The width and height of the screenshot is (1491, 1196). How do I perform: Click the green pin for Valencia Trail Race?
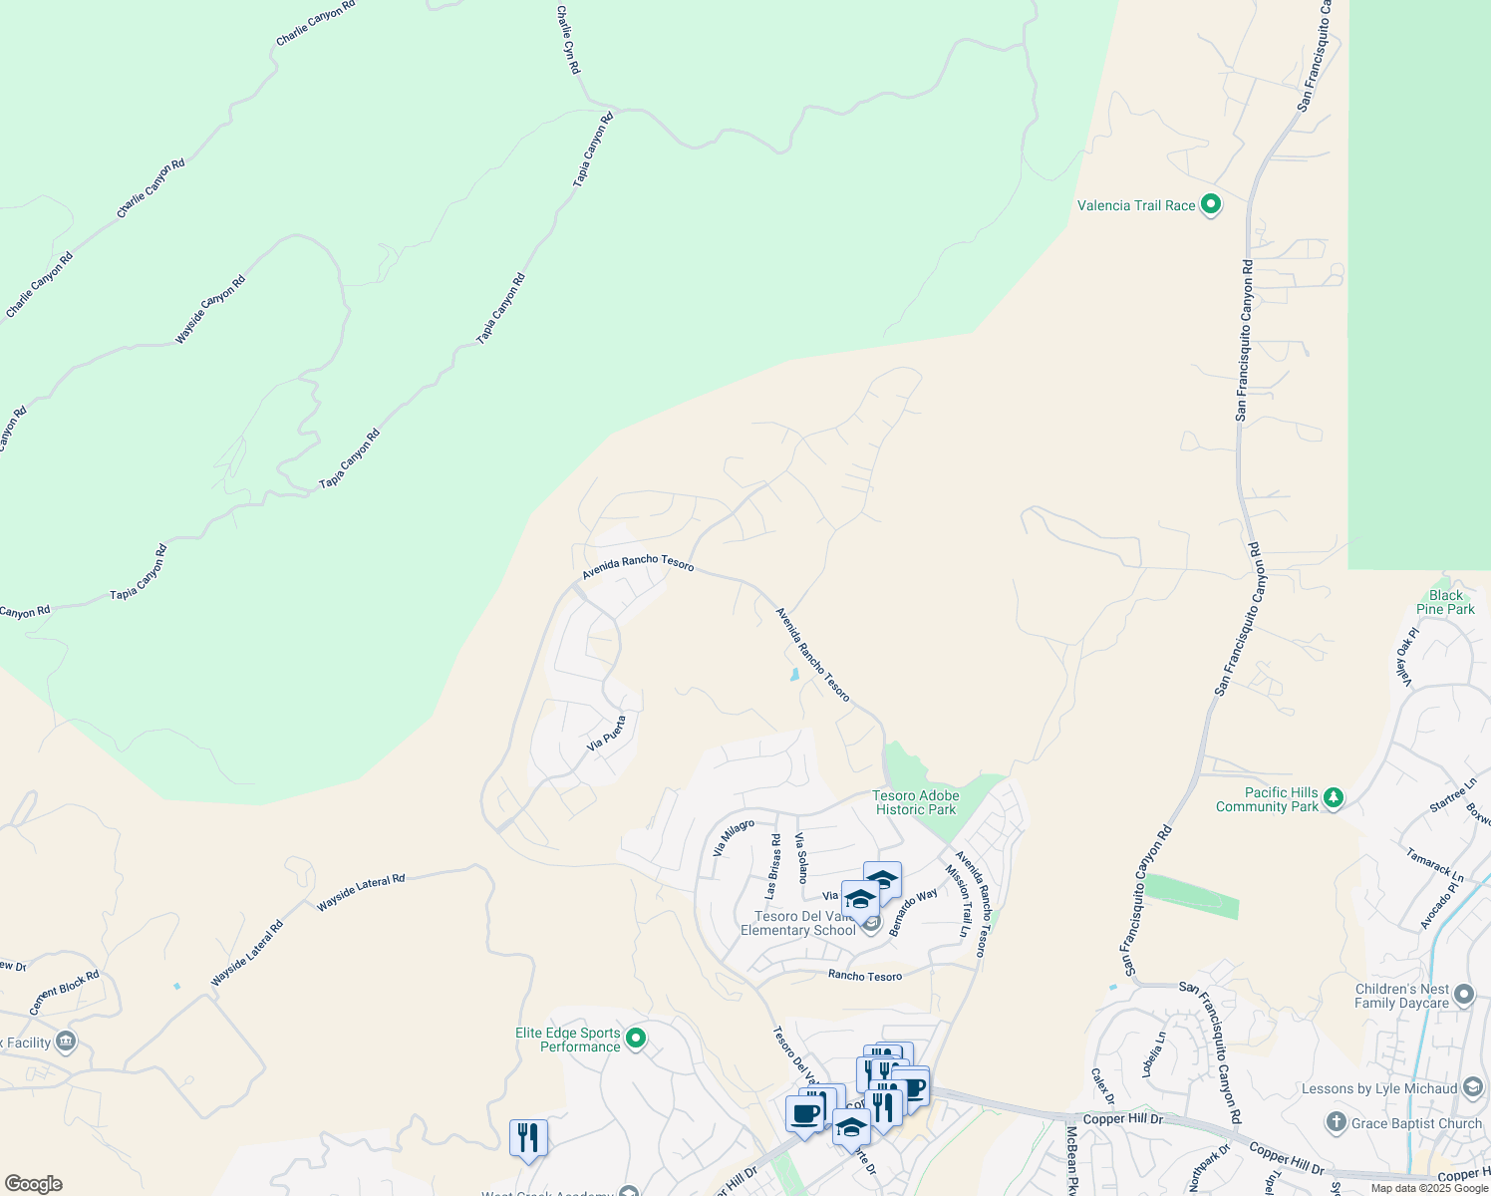pos(1211,205)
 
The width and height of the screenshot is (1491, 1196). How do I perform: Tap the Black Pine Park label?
pos(1445,602)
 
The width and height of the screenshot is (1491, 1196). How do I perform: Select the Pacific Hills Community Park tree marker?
pos(1334,798)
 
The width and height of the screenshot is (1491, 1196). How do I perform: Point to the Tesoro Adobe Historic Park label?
pos(915,802)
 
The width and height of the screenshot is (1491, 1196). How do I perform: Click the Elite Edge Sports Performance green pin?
pos(636,1040)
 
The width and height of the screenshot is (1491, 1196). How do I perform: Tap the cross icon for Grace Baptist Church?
pos(1337,1123)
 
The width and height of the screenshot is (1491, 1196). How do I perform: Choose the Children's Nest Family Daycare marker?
pos(1464,995)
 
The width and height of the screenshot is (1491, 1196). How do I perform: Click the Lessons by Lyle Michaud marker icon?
pos(1473,1088)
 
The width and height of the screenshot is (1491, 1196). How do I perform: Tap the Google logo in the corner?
pos(34,1184)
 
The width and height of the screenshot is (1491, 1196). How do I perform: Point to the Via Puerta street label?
pos(607,733)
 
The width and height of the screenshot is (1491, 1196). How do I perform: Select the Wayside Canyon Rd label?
pos(210,310)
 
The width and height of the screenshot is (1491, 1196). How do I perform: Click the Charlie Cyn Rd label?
pos(568,40)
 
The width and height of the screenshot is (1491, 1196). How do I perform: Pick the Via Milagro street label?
pos(734,838)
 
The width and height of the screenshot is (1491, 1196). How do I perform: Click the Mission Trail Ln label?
pos(958,901)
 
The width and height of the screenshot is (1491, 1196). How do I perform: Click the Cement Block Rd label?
pos(64,993)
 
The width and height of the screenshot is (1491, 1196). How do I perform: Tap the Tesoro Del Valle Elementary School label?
pos(797,923)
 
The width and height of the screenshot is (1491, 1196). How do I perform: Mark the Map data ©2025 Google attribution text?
pos(1428,1188)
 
